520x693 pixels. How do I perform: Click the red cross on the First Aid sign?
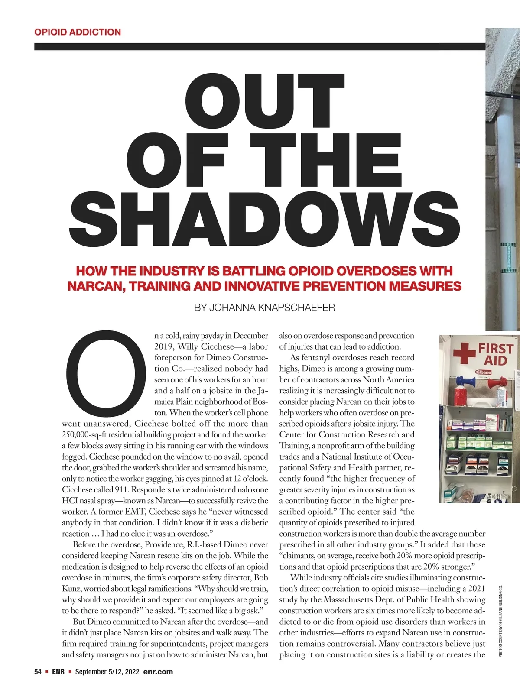(x=464, y=353)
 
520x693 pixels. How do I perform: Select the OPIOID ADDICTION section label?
(x=78, y=32)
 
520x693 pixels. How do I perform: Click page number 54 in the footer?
(x=38, y=672)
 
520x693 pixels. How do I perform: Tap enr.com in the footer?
(x=158, y=672)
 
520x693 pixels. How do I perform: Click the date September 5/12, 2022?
(x=107, y=672)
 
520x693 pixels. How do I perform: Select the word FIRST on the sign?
(x=496, y=348)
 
